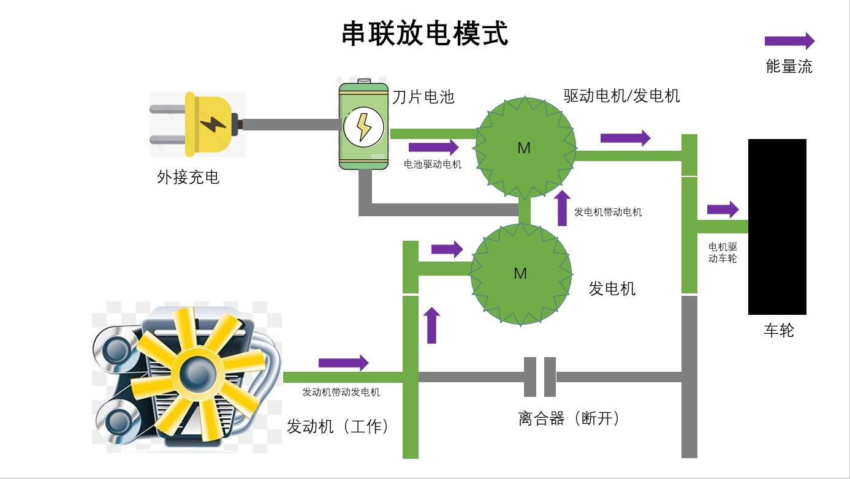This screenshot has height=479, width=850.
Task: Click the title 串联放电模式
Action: (x=425, y=34)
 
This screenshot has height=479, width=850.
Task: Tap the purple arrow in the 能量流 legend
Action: (x=789, y=41)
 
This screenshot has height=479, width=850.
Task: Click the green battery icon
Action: (x=364, y=126)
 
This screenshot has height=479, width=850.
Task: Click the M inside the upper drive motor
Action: (x=524, y=148)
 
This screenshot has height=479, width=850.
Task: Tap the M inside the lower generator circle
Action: (x=520, y=273)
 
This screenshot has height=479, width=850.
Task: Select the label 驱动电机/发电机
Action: (x=621, y=96)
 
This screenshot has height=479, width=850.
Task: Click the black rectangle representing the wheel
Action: (x=777, y=227)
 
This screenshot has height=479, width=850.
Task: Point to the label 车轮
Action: (x=779, y=331)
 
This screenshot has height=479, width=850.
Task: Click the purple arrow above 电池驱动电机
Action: (x=433, y=147)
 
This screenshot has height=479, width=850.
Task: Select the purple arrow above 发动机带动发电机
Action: (x=343, y=363)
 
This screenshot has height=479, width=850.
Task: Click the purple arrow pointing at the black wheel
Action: (x=723, y=209)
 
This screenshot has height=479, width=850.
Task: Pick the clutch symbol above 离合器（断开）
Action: (x=540, y=377)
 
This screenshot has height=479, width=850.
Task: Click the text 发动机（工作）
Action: (x=338, y=426)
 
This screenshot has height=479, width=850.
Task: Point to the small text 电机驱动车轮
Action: (x=723, y=252)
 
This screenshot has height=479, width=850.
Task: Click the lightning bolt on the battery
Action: (x=363, y=127)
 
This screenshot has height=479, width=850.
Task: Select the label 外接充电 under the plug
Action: (x=188, y=178)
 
